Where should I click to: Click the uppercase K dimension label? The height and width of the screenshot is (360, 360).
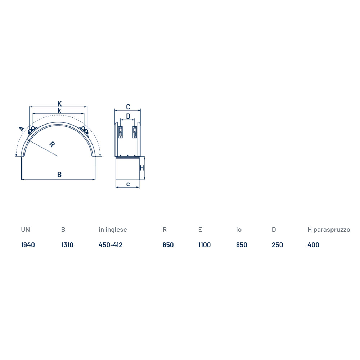(x=59, y=104)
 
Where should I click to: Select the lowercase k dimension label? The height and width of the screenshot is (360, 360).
(x=59, y=111)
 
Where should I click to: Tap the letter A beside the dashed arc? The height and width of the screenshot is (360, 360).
(x=22, y=129)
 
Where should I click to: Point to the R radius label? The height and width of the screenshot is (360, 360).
(x=52, y=144)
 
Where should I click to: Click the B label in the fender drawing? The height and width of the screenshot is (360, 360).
(x=59, y=175)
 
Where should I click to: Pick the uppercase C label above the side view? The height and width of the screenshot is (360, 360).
(x=128, y=107)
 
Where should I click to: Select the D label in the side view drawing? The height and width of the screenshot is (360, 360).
(x=128, y=116)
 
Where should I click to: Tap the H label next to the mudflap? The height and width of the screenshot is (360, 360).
(x=141, y=168)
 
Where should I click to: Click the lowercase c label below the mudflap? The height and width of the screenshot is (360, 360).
(x=128, y=184)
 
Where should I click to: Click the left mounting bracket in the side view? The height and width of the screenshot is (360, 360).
(x=120, y=132)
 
